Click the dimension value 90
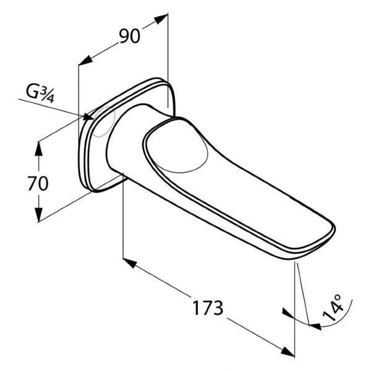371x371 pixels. tap(130, 36)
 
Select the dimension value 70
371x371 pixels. tap(38, 184)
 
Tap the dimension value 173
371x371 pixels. tap(208, 308)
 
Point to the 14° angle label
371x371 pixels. tap(333, 307)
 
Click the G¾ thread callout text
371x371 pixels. tap(40, 95)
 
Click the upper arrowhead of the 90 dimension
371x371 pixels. tap(161, 19)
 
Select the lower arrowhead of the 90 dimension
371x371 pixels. tap(85, 61)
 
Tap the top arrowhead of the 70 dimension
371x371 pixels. tap(38, 148)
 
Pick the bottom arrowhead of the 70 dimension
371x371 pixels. tap(38, 215)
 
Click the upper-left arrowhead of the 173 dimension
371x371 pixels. tap(130, 263)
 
